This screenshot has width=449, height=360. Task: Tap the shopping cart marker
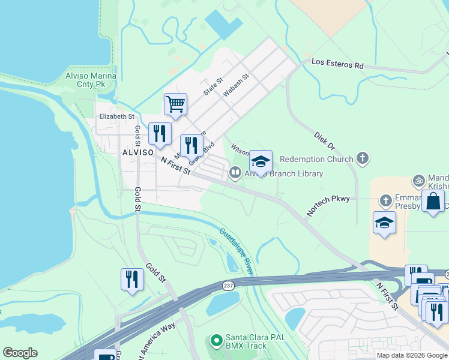(175, 104)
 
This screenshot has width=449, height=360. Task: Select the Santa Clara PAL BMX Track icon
(216, 341)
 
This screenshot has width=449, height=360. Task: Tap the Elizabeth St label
(116, 116)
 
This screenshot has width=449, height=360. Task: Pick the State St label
(212, 87)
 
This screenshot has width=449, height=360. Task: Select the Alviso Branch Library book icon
(235, 173)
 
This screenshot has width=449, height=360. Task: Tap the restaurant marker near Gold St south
(132, 278)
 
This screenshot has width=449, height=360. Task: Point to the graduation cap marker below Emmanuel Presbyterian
(384, 223)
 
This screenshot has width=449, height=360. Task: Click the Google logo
(20, 353)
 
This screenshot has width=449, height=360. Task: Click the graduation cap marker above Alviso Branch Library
(261, 161)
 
